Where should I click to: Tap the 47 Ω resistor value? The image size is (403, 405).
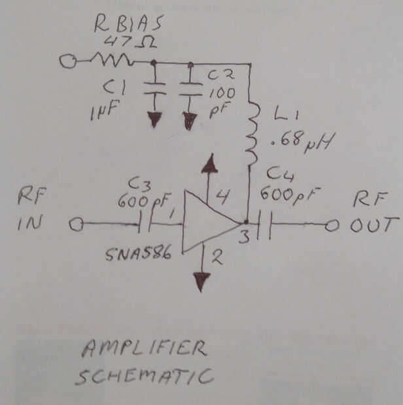coord(130,42)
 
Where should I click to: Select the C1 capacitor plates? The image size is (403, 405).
coord(154,88)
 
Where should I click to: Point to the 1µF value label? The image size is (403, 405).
coord(104,110)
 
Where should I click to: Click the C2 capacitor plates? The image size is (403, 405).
coord(191,89)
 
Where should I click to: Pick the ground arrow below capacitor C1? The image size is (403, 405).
coord(154,120)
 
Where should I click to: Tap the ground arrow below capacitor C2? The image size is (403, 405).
coord(190,121)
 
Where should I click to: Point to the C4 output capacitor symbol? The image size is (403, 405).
coord(264,225)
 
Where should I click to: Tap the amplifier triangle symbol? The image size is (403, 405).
coord(211,221)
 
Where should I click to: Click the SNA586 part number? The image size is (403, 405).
coord(139,254)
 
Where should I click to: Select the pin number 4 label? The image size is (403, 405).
coord(222,197)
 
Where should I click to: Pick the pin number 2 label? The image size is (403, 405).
coord(217,257)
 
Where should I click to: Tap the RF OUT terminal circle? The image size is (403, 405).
coord(332,226)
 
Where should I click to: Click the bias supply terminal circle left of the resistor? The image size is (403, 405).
coord(68,61)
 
